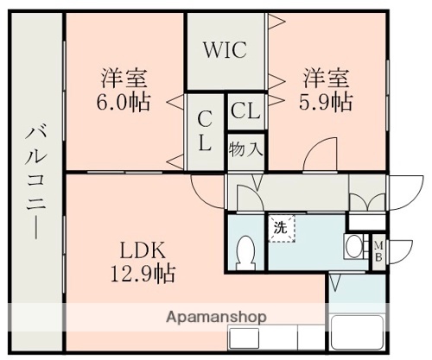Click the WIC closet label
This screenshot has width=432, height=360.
[225, 48]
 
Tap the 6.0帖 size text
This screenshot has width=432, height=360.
[124, 102]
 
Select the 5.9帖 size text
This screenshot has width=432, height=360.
[326, 102]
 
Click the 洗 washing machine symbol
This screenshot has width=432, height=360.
[281, 230]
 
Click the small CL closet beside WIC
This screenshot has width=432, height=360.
[245, 111]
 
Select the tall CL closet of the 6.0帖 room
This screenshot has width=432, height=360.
[206, 129]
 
